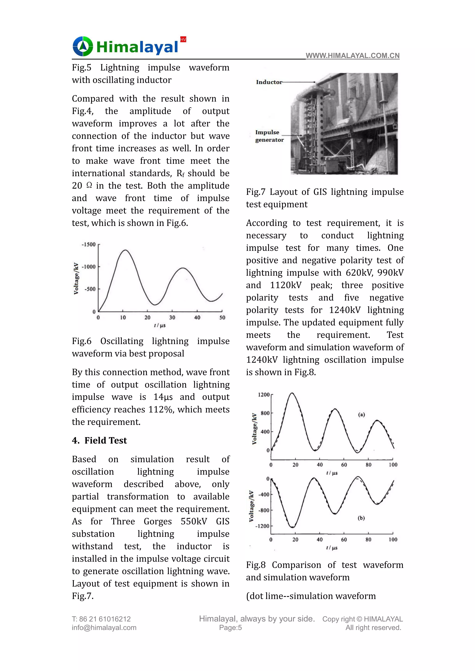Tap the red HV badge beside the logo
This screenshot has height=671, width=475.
pyautogui.click(x=183, y=39)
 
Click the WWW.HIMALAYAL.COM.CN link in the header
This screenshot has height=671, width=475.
pyautogui.click(x=353, y=56)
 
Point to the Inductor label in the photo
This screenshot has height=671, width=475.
pyautogui.click(x=269, y=82)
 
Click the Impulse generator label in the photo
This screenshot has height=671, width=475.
pyautogui.click(x=269, y=136)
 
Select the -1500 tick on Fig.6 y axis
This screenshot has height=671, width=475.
pyautogui.click(x=89, y=244)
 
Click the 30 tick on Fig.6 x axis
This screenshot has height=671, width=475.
pyautogui.click(x=172, y=318)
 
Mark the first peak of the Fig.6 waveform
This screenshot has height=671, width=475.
pyautogui.click(x=125, y=250)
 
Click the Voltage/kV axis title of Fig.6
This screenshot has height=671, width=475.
pyautogui.click(x=76, y=278)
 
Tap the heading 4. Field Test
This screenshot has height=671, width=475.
pyautogui.click(x=99, y=440)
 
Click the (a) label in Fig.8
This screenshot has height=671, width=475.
pyautogui.click(x=362, y=415)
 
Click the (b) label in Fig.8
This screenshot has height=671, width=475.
pyautogui.click(x=361, y=518)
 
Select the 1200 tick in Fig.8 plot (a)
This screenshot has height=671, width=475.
pyautogui.click(x=263, y=395)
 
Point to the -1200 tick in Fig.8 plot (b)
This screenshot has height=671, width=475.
pyautogui.click(x=262, y=526)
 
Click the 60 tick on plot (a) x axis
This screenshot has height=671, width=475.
pyautogui.click(x=344, y=465)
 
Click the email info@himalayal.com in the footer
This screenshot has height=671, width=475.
pyautogui.click(x=104, y=628)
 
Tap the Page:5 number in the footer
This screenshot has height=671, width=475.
pyautogui.click(x=231, y=628)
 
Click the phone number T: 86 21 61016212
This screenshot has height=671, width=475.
pyautogui.click(x=101, y=619)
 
